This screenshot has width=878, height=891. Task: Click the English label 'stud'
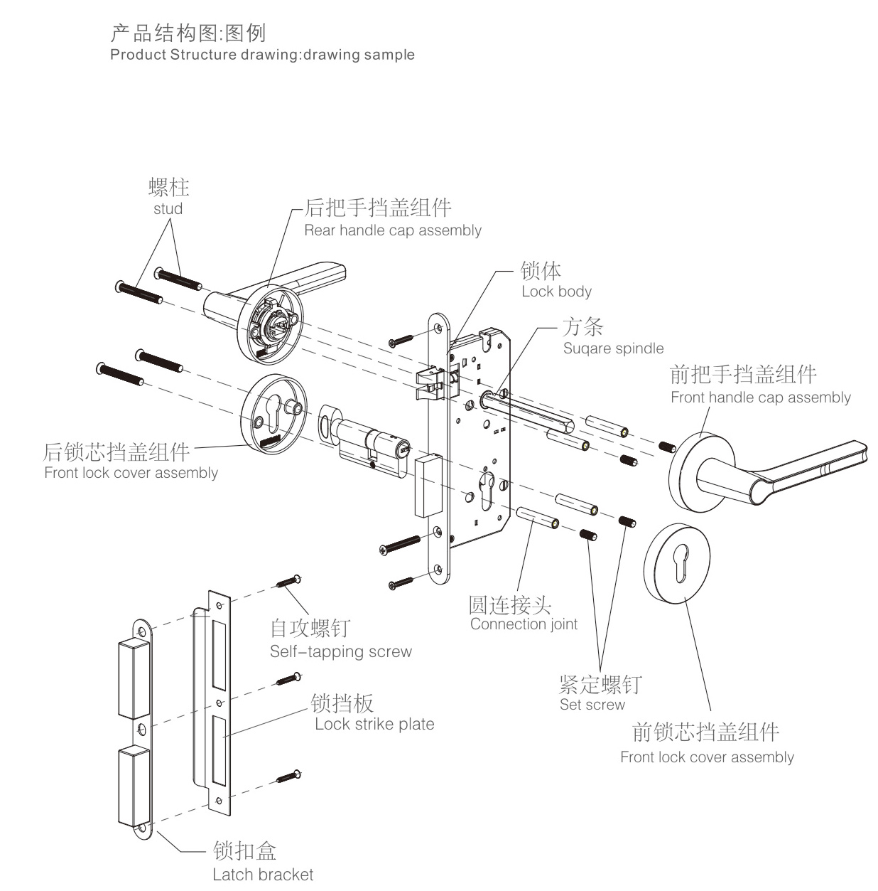click(x=168, y=209)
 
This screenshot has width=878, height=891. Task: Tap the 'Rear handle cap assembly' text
click(x=392, y=230)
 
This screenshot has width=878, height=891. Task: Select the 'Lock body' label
click(x=556, y=292)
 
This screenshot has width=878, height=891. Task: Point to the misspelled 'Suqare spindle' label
click(x=613, y=348)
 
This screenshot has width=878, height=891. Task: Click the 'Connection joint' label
click(x=524, y=624)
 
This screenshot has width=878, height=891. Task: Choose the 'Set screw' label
click(x=592, y=705)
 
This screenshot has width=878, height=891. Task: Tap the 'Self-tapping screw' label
click(x=340, y=651)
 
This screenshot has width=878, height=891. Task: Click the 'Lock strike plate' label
click(x=374, y=724)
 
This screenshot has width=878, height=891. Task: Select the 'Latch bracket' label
click(x=263, y=874)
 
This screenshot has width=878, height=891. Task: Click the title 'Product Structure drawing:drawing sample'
click(x=262, y=55)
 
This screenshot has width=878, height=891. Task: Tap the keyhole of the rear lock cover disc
click(x=274, y=412)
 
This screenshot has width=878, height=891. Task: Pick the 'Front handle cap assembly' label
click(x=760, y=398)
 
